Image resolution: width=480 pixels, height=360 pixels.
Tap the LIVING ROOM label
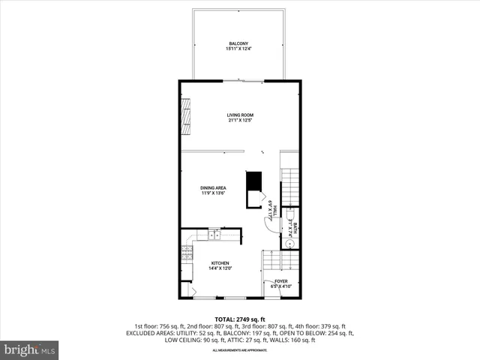[240, 115]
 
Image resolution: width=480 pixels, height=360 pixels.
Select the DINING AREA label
[213, 187]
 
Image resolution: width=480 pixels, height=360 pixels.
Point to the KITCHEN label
[220, 262]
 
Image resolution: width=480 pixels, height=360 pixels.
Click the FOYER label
[281, 281]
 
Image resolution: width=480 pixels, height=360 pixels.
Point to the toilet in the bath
[289, 214]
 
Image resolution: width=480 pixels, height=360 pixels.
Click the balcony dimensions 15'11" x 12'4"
[238, 50]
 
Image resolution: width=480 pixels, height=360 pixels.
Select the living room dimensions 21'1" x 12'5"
[240, 120]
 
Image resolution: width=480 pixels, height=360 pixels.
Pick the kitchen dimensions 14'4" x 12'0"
[220, 268]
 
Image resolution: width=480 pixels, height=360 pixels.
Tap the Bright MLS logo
[29, 349]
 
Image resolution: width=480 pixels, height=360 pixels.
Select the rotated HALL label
[274, 209]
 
